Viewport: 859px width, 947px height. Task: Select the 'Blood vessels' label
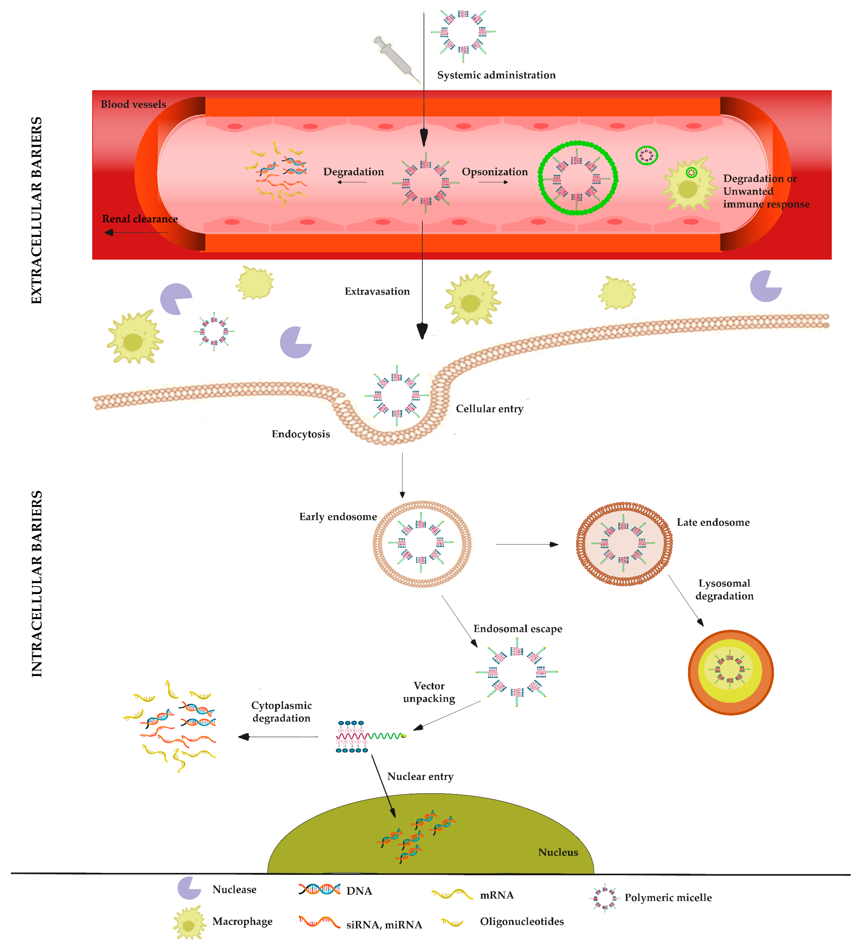[x=134, y=104]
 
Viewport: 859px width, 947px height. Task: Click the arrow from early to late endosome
[x=526, y=544]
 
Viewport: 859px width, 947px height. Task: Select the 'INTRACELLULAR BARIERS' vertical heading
[x=37, y=584]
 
